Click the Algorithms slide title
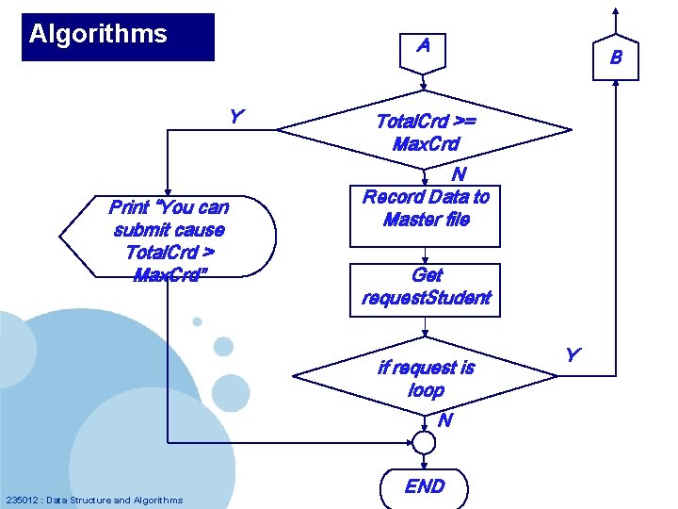click(98, 35)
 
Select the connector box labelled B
click(616, 57)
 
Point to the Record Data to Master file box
click(426, 209)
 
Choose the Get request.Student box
click(426, 287)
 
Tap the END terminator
click(424, 486)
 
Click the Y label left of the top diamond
click(236, 117)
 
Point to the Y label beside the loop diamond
click(572, 355)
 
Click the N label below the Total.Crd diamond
click(458, 173)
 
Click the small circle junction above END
click(424, 442)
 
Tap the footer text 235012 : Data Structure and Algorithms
click(94, 500)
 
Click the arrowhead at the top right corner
click(615, 10)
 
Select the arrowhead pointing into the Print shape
click(167, 190)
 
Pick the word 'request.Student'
click(427, 298)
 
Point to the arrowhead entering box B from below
click(616, 82)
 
